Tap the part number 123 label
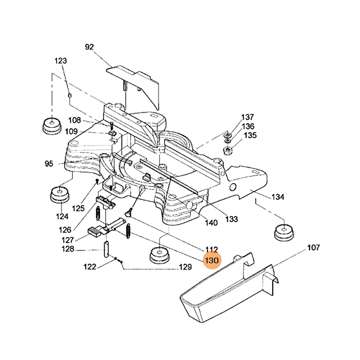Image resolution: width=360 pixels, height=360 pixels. tap(61, 61)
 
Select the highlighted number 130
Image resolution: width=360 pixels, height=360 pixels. tap(211, 261)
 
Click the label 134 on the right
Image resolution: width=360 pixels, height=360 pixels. tap(278, 197)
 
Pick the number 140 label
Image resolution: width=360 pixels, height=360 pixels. tap(211, 223)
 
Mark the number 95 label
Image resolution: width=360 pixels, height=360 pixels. tap(49, 164)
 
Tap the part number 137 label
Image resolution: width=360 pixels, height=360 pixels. tap(248, 117)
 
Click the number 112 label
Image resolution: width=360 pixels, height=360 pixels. tap(211, 249)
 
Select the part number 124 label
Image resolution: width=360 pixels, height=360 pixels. tap(62, 216)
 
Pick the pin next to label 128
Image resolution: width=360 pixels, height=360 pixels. tap(107, 248)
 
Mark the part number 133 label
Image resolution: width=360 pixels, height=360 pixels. tap(232, 219)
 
